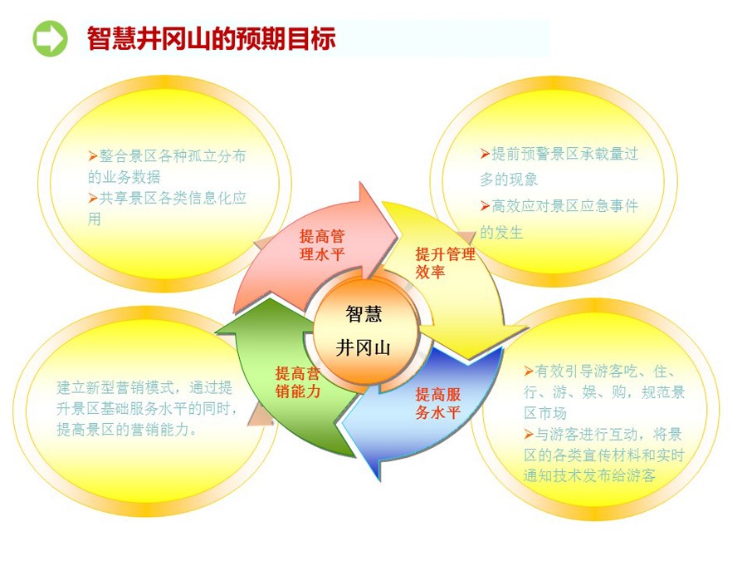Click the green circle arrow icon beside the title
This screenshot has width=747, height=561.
(x=50, y=38)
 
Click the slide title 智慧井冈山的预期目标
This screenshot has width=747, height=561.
(x=212, y=38)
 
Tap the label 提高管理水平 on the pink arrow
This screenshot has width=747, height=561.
(x=321, y=245)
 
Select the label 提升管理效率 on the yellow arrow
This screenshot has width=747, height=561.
(x=445, y=263)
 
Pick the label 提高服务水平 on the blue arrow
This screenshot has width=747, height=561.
(x=437, y=403)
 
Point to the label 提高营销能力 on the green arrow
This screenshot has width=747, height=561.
(x=298, y=382)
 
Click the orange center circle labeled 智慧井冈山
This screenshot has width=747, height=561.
(x=365, y=331)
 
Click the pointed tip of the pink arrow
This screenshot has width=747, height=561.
(x=397, y=234)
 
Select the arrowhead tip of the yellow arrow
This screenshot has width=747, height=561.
(x=528, y=327)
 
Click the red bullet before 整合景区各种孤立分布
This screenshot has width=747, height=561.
(x=93, y=156)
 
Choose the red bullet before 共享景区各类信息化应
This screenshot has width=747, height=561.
(x=93, y=198)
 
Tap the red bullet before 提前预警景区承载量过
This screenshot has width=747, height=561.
(x=485, y=154)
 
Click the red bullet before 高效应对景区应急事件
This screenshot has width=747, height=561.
(x=485, y=206)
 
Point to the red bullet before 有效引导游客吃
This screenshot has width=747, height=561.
(x=529, y=371)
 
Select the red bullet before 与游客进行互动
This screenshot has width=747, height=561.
(x=529, y=434)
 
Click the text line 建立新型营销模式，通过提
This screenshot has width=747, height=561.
(x=144, y=387)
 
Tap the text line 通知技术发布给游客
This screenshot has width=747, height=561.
(x=589, y=475)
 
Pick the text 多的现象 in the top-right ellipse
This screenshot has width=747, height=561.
(x=509, y=180)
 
